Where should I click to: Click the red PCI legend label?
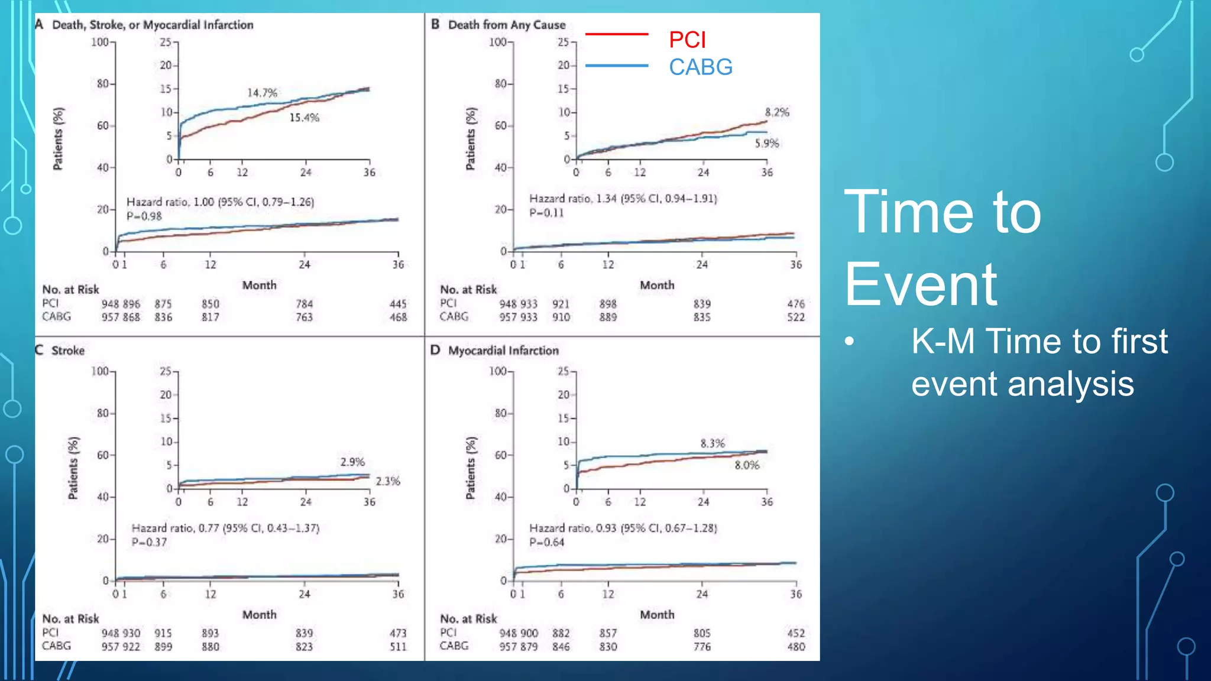point(687,40)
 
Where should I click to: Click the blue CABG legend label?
point(701,67)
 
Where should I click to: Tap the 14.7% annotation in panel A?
point(262,93)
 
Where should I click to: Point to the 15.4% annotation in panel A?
point(304,118)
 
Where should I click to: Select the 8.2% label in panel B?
point(777,112)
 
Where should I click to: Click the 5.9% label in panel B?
point(767,143)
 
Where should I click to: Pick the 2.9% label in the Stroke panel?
point(352,462)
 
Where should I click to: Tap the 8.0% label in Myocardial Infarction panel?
point(747,465)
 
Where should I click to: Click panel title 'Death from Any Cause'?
point(507,25)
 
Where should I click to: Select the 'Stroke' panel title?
point(68,351)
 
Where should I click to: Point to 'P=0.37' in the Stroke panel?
point(149,542)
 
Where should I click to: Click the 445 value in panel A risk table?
point(398,304)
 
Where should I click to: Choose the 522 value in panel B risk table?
point(796,317)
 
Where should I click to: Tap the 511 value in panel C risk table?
point(398,647)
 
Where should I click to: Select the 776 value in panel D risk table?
point(702,647)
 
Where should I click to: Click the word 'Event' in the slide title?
point(921,285)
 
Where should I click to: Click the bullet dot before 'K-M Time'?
point(850,342)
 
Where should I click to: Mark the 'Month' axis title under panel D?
point(657,615)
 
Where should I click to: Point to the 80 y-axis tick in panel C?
point(102,413)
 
